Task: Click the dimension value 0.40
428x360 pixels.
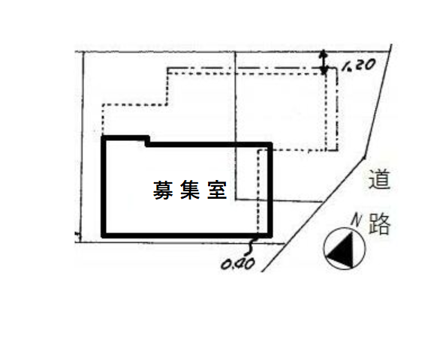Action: [x=238, y=264]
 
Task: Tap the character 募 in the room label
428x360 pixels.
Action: [x=163, y=190]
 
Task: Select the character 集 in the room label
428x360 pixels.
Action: [x=190, y=190]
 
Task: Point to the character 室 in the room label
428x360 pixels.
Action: [x=217, y=190]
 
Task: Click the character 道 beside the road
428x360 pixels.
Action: [x=379, y=179]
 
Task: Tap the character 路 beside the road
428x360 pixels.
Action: [x=379, y=224]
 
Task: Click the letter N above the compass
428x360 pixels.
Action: [x=357, y=220]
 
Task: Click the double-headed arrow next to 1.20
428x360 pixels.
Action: [x=324, y=62]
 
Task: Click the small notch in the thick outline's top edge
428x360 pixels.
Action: [x=147, y=141]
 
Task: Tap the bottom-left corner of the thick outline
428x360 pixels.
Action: [x=104, y=235]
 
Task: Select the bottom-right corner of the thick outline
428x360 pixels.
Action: [x=270, y=235]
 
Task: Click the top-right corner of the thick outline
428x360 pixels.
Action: [x=270, y=144]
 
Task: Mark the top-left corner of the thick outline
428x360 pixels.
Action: [x=104, y=137]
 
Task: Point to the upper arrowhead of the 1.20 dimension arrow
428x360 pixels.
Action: [x=324, y=53]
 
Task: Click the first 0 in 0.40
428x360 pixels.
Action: [x=226, y=264]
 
